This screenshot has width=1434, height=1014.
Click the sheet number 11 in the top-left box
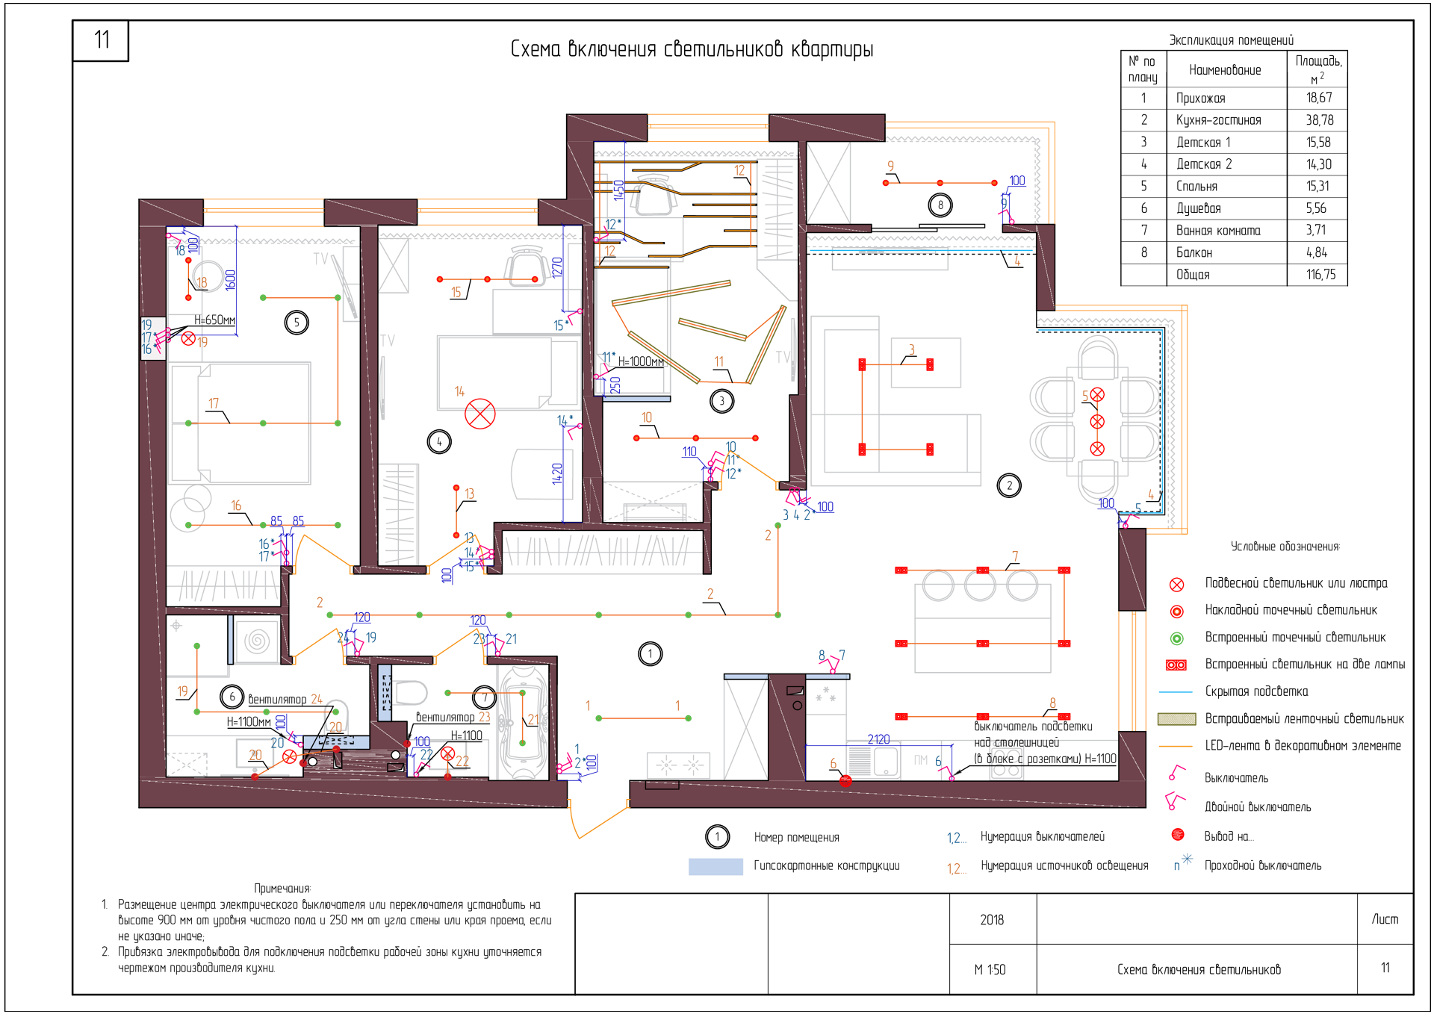coord(102,40)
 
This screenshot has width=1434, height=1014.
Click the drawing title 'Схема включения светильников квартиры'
coord(692,49)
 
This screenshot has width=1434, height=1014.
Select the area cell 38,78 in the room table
coord(1319,120)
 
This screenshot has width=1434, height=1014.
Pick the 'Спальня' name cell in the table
coord(1196,187)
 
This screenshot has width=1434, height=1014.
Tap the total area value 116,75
coord(1320,275)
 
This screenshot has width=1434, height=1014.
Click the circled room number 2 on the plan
coord(1009,485)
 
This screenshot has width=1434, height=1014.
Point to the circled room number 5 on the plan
coord(297,323)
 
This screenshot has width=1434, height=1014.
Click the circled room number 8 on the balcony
coord(940,205)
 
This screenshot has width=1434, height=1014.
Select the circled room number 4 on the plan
coord(439,442)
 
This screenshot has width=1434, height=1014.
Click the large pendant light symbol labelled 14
coord(480,414)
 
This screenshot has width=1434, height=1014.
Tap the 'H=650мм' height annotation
coord(214,320)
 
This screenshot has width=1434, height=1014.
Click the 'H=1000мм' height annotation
coord(641,361)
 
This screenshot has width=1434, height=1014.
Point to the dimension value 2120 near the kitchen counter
coord(878,739)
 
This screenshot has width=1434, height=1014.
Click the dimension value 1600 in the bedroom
coord(231,279)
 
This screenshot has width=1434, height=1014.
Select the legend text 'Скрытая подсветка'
coord(1256,691)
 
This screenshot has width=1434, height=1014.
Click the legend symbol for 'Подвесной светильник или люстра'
coord(1176,584)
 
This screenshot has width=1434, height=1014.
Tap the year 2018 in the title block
coord(992,920)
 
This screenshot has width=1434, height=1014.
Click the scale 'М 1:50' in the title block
coord(990,970)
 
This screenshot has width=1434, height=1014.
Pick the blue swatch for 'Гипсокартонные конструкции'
coord(716,866)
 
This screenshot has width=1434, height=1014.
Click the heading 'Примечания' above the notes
coord(282,889)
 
